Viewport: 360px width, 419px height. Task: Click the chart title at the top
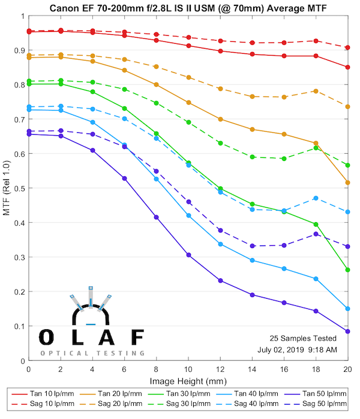188,8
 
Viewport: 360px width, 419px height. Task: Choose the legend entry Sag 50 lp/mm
318,405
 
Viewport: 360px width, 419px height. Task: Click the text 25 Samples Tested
300,338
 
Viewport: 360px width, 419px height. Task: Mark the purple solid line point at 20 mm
347,331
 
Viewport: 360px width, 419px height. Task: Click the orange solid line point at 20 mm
347,183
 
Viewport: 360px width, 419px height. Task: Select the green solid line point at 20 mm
347,270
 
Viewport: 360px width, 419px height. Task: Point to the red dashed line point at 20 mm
347,47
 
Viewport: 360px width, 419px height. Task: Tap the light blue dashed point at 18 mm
316,198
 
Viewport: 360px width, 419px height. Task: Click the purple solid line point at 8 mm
157,217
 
